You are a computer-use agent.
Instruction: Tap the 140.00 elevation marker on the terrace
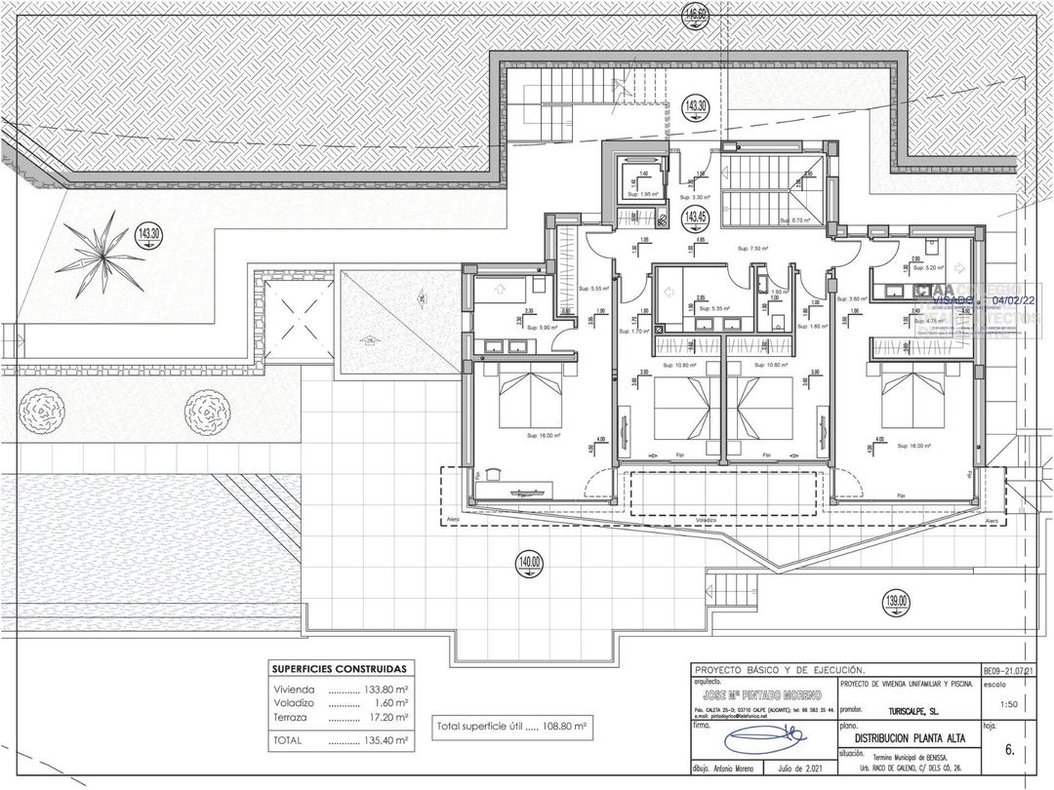tap(531, 563)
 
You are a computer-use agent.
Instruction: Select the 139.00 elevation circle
tap(896, 602)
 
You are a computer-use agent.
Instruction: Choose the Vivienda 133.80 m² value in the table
tap(385, 688)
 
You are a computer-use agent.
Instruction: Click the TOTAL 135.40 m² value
tap(385, 740)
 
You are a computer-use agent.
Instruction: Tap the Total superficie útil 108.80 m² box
tap(513, 726)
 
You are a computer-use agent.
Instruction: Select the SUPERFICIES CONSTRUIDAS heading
tap(340, 669)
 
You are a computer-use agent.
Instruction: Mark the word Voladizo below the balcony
tap(706, 520)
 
